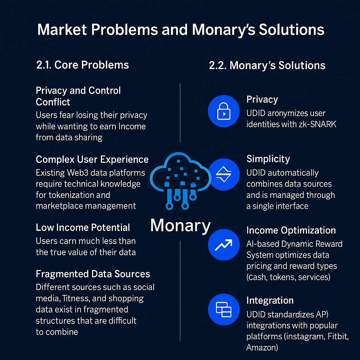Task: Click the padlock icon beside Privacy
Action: coord(223,110)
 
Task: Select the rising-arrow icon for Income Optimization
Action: coord(223,245)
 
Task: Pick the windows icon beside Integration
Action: coord(223,309)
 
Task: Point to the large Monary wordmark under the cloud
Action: coord(180,225)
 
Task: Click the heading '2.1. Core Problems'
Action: coord(83,65)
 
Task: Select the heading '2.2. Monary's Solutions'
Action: coord(267,65)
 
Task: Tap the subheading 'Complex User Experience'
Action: coord(92,159)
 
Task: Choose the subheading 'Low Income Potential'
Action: coord(83,227)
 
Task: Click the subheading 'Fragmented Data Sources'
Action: coord(93,274)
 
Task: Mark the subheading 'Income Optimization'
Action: coord(291,231)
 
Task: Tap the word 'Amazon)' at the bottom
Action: coord(262,348)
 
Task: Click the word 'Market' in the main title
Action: coord(62,30)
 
